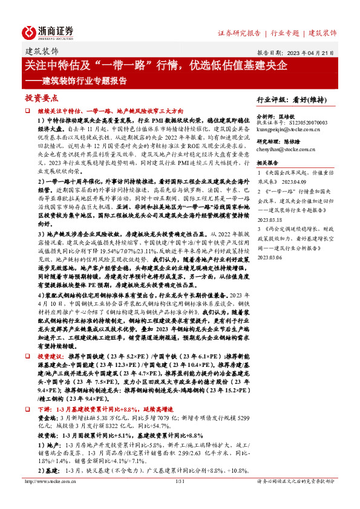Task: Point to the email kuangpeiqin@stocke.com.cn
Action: [x=289, y=129]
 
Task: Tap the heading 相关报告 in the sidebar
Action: [x=267, y=163]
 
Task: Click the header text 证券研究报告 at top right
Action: [x=239, y=33]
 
